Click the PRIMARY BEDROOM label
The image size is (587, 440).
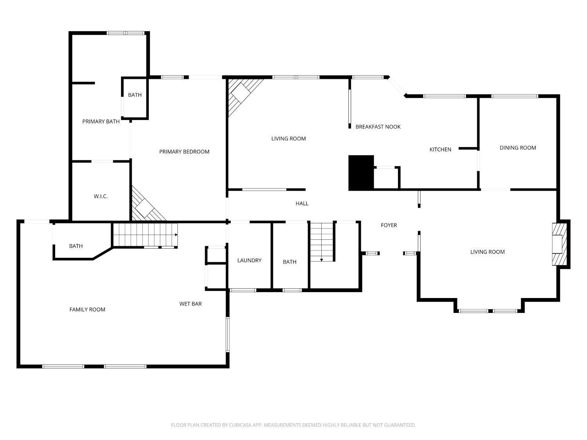[x=184, y=152]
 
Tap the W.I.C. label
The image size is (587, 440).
[x=101, y=196]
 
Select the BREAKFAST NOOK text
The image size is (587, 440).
[x=378, y=127]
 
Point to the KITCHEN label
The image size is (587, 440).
[x=440, y=150]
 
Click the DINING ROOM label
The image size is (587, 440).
[x=518, y=148]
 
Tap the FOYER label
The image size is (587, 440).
[x=389, y=225]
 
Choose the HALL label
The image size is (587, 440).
[x=302, y=203]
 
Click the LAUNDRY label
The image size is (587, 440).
[x=249, y=260]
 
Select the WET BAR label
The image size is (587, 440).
[x=191, y=304]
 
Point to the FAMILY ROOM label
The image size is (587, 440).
[x=87, y=310]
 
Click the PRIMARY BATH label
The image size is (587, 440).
[x=101, y=122]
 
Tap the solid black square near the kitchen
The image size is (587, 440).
[x=361, y=173]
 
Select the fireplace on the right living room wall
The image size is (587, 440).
[x=560, y=244]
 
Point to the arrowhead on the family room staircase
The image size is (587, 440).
[x=176, y=235]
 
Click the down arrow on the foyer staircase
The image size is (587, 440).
[x=321, y=260]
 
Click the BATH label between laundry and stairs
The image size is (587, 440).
[x=290, y=262]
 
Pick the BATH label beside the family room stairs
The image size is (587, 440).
[x=76, y=246]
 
